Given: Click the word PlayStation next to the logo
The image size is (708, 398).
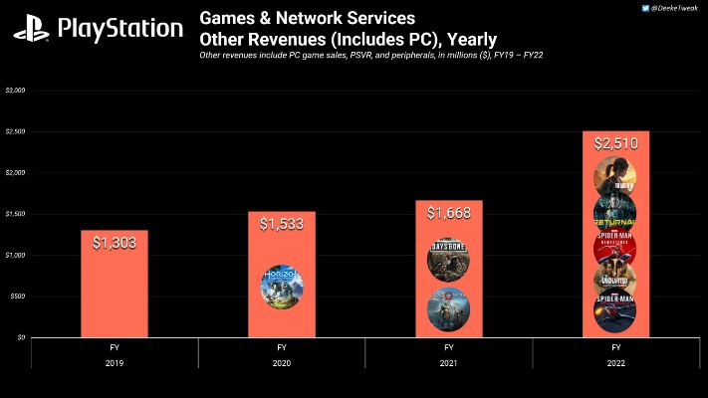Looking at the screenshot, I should [120, 29].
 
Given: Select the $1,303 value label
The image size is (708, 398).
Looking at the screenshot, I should [115, 244].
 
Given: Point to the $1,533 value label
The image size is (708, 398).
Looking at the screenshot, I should [282, 226].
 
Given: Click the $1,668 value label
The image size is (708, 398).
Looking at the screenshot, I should [449, 214].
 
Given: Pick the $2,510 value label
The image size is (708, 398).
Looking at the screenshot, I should [616, 145].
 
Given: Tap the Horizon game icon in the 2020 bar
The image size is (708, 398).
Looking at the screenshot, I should [282, 285].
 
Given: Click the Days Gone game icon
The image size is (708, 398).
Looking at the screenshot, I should [449, 260].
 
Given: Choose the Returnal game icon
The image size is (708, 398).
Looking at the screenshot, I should [615, 212].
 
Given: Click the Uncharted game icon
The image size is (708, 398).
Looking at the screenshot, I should [615, 279].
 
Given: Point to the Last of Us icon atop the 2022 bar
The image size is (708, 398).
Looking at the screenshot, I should [615, 179].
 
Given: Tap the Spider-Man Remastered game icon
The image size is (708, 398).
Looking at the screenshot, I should [615, 246].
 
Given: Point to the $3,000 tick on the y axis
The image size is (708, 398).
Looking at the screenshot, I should [15, 91].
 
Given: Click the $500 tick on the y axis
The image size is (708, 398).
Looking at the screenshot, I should [17, 297].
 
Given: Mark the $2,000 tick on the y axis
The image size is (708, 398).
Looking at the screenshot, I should [15, 173].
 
